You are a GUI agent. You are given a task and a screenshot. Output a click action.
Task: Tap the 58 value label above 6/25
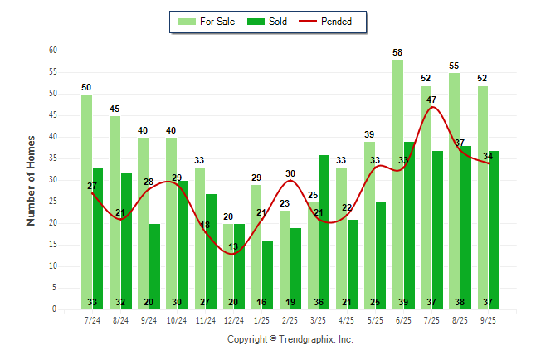point(398,53)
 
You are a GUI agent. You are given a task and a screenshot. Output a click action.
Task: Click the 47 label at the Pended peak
point(431,100)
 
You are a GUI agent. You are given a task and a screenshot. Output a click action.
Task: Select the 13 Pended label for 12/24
point(233,246)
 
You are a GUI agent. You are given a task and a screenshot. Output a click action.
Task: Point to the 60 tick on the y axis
point(52,51)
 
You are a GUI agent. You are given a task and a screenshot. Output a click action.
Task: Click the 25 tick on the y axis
point(52,202)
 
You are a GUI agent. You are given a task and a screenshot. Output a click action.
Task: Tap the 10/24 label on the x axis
point(177,320)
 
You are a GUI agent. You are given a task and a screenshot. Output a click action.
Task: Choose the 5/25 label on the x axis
point(375,320)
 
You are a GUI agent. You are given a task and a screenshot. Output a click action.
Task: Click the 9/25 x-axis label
point(488,320)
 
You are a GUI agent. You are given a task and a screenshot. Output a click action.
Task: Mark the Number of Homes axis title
point(31,180)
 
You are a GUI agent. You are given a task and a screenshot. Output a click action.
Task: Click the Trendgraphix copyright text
point(290,339)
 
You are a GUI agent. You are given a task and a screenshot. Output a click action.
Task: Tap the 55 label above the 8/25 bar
point(455,66)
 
